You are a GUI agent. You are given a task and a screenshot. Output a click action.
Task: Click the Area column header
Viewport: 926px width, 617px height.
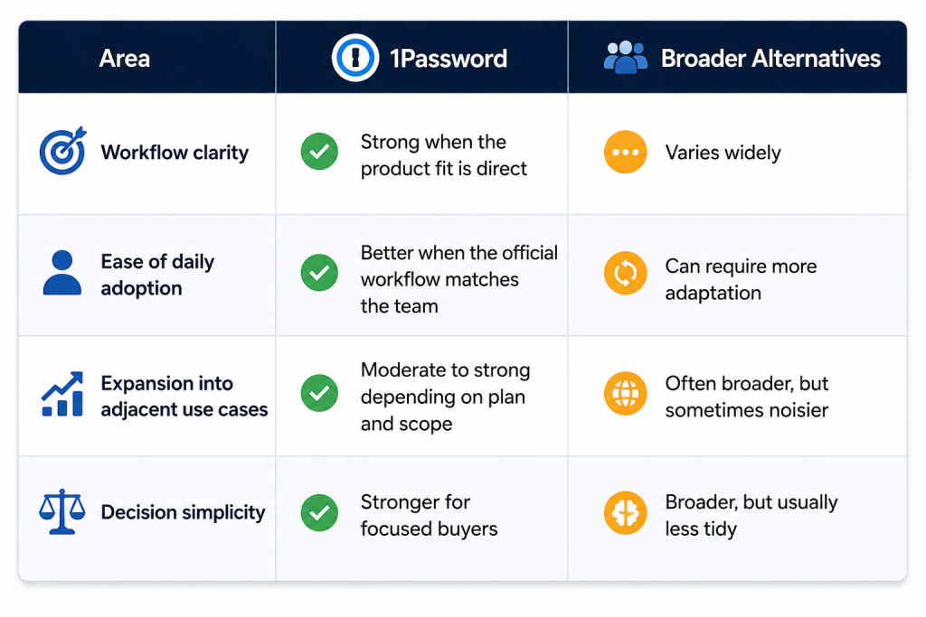pos(124,59)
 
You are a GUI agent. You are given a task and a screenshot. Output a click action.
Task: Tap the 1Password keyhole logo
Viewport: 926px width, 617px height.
pos(354,58)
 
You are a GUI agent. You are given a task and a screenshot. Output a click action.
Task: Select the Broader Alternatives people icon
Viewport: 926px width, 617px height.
pos(626,57)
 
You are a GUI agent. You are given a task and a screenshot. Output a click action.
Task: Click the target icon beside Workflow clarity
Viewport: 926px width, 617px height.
pos(62,151)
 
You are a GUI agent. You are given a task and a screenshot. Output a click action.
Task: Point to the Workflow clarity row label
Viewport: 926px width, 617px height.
pos(175,152)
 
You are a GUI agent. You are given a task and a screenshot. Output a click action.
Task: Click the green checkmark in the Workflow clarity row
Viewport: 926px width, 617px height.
pos(319,152)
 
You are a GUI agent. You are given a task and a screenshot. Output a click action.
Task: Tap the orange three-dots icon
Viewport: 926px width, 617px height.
pos(626,152)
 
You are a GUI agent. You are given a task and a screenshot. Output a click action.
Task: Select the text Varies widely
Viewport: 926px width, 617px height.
pos(723,153)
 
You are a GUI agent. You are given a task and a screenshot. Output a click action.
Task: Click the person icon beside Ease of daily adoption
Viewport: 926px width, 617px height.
pos(62,273)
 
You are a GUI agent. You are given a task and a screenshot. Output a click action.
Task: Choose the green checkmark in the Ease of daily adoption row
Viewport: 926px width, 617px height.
pos(319,273)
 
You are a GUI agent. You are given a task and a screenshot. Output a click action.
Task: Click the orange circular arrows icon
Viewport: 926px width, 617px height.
pos(626,273)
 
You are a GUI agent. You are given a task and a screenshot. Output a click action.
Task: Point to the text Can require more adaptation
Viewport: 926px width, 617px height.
pos(742,280)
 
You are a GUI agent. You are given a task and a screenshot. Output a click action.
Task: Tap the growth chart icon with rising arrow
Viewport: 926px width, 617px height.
pos(62,394)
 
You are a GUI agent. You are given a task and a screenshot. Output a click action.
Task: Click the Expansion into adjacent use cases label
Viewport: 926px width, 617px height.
pos(184,396)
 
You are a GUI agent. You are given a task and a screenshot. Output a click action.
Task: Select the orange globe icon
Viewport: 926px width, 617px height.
pos(626,394)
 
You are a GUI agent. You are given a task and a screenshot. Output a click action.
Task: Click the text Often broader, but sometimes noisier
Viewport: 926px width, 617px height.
pos(747,397)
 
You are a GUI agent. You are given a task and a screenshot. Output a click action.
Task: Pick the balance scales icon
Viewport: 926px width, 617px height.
pos(62,511)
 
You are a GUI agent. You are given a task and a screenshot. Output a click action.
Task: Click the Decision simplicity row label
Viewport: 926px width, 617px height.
pos(183,512)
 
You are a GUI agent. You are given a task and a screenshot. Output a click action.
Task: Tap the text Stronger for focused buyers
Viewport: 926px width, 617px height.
pos(430,516)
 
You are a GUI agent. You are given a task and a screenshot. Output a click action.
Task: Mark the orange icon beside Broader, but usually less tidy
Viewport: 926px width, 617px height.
pos(626,512)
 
